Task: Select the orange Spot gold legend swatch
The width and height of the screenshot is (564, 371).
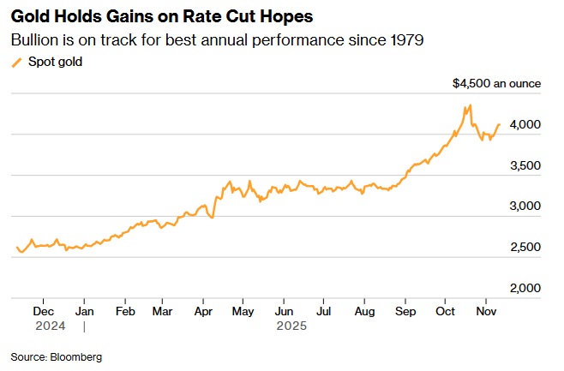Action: [x=16, y=62]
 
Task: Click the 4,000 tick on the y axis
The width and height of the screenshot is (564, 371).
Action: [x=525, y=125]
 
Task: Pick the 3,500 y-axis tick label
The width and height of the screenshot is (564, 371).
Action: [x=525, y=166]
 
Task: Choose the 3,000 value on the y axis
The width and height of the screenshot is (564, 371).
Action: [x=525, y=206]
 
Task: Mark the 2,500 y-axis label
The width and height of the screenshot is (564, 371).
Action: [x=525, y=248]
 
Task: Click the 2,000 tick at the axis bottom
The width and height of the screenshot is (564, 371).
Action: [x=525, y=289]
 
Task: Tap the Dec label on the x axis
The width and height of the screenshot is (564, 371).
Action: [x=44, y=312]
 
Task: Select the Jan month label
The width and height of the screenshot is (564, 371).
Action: [x=84, y=312]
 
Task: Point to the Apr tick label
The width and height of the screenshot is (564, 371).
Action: [x=203, y=312]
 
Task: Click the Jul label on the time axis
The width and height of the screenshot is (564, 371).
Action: [x=323, y=312]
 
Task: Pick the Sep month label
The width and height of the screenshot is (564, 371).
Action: [x=405, y=312]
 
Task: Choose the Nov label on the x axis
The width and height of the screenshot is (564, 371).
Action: [x=485, y=312]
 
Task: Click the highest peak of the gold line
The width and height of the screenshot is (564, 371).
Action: [x=470, y=106]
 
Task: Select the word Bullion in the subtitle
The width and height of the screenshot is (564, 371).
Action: [x=33, y=39]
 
